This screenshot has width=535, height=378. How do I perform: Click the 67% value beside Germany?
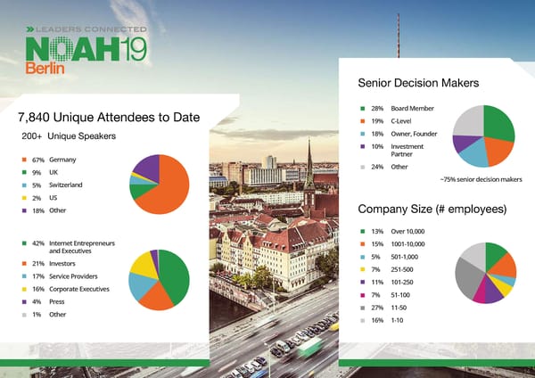(x=37, y=159)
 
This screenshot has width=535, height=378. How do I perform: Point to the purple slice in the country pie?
(x=147, y=164)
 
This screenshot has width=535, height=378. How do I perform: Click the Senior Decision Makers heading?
(x=418, y=83)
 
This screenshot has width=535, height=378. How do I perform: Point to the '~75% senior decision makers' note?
(x=481, y=179)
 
